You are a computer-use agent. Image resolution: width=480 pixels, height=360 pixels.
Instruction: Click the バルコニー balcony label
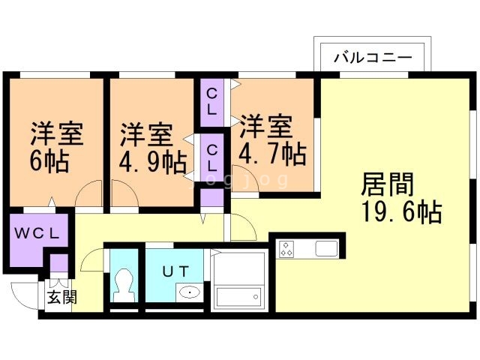372,57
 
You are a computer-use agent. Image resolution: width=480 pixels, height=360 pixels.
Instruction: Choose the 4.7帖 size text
271,154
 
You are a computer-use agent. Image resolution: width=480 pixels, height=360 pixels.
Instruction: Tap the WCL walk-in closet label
37,232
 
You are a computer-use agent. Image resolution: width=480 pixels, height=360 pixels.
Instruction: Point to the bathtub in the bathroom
238,297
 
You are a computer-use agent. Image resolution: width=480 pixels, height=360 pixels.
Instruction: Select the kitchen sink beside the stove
328,249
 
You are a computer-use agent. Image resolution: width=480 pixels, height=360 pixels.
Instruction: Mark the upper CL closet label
212,100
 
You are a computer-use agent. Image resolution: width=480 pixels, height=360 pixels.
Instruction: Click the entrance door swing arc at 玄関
22,294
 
